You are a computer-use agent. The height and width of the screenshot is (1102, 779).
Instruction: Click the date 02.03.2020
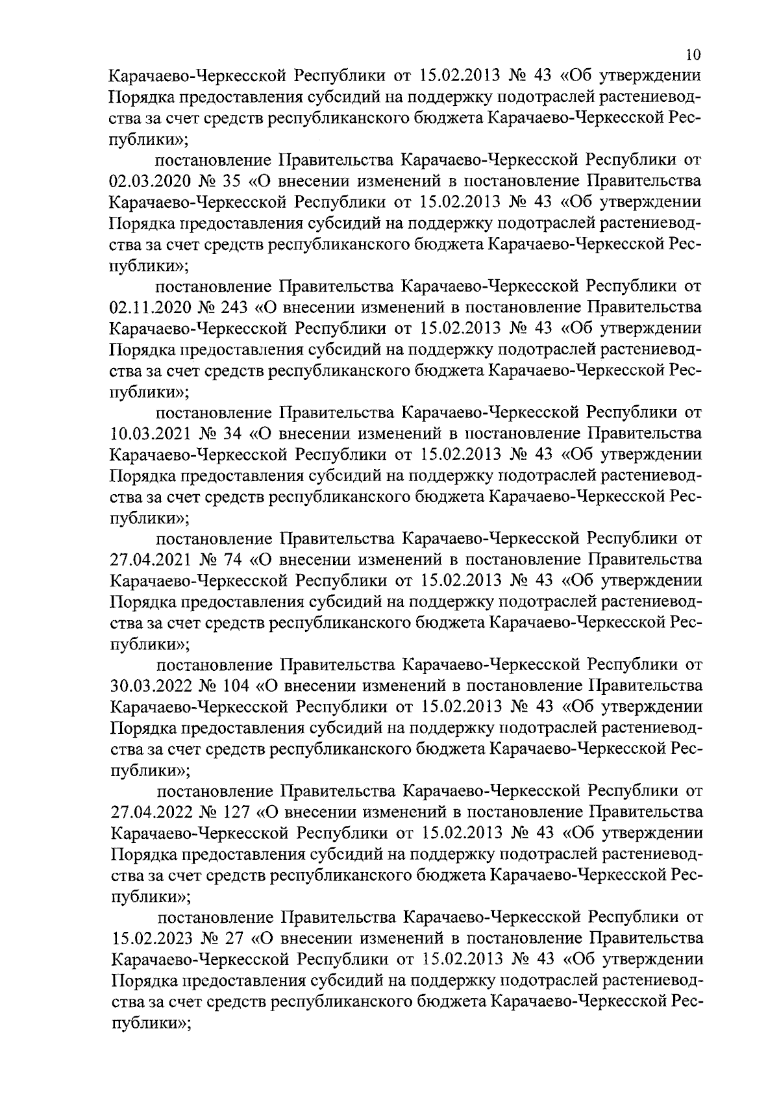[151, 180]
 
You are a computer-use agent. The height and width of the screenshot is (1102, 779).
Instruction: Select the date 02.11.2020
[151, 307]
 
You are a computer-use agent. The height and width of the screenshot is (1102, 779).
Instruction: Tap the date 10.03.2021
[151, 433]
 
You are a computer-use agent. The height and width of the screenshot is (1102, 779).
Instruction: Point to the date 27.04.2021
[151, 560]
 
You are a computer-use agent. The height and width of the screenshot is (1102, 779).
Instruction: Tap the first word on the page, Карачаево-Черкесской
[197, 75]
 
